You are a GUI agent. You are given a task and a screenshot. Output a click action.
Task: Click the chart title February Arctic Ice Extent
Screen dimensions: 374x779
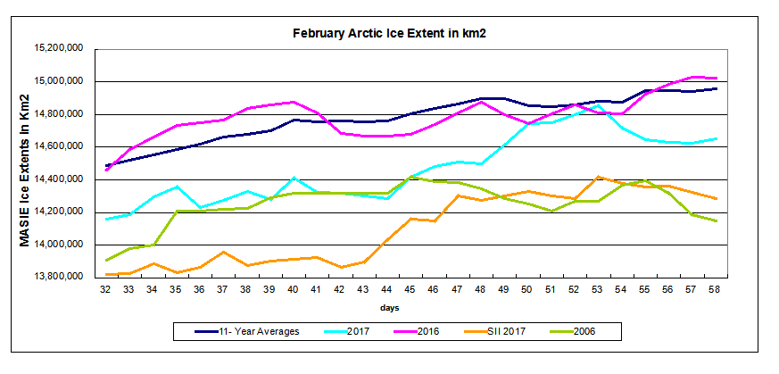coord(394,32)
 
